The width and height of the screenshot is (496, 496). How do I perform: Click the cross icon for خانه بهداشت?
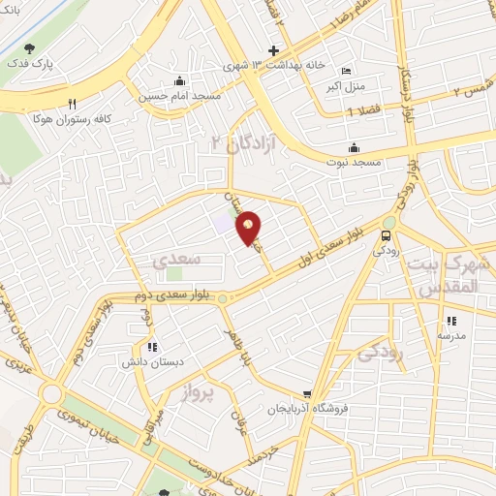click(x=274, y=50)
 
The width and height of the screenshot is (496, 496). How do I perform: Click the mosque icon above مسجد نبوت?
click(x=354, y=147)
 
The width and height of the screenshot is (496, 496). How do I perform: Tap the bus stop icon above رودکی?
click(x=387, y=234)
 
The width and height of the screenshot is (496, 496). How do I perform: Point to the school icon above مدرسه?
click(x=450, y=322)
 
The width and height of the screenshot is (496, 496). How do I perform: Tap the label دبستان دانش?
click(x=152, y=360)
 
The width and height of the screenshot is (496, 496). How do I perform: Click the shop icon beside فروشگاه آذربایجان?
click(x=307, y=394)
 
